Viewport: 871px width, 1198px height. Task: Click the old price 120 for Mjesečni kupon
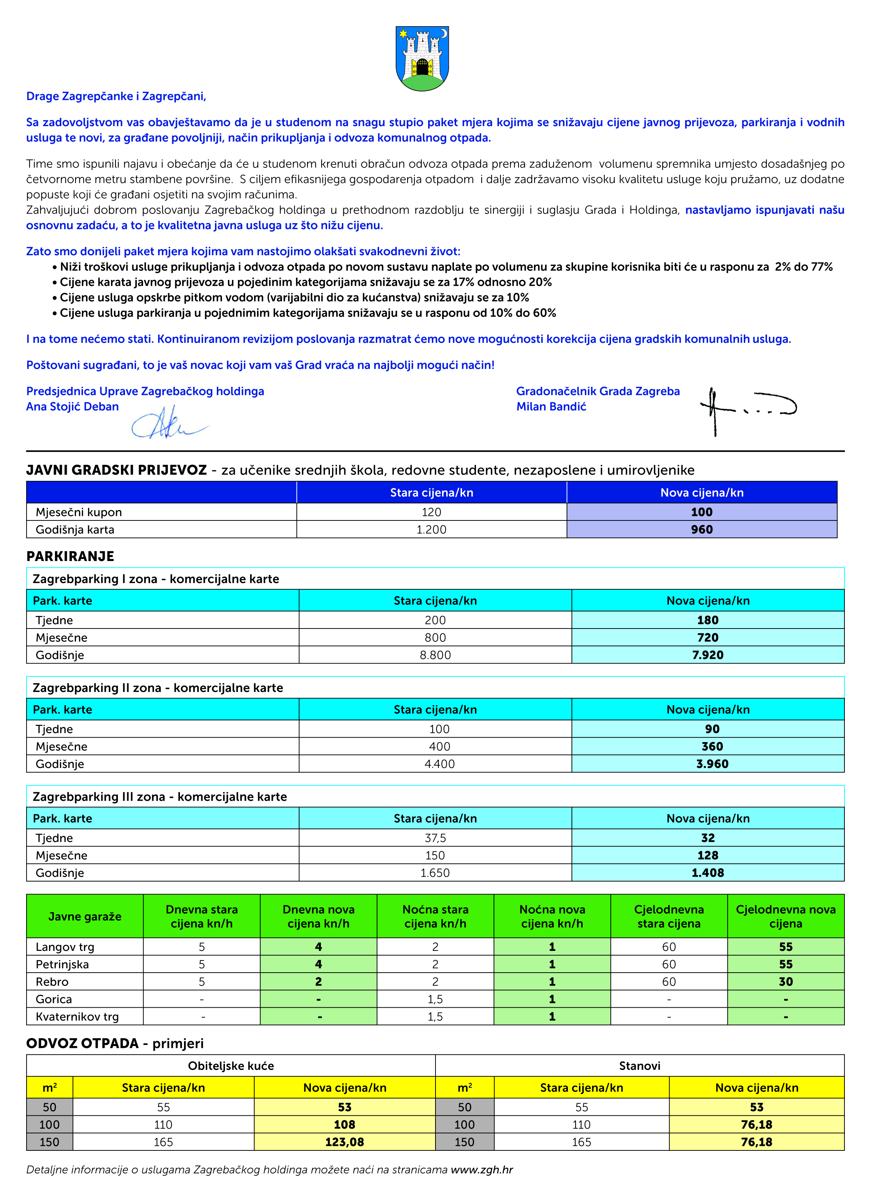(x=431, y=512)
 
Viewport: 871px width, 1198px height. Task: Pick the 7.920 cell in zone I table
(x=707, y=655)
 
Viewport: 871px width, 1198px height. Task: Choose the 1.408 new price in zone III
(x=707, y=873)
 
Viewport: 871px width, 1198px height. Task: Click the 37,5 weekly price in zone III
(x=435, y=838)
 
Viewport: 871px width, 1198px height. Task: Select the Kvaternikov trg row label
(x=77, y=1016)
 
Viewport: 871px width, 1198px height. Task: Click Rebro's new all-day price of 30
(x=785, y=981)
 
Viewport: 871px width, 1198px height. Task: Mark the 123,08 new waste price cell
(x=344, y=1142)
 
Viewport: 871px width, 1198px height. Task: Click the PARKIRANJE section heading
(x=70, y=556)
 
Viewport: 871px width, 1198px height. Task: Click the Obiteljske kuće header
(x=231, y=1066)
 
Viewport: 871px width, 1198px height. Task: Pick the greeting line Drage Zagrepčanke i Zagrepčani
(x=116, y=96)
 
